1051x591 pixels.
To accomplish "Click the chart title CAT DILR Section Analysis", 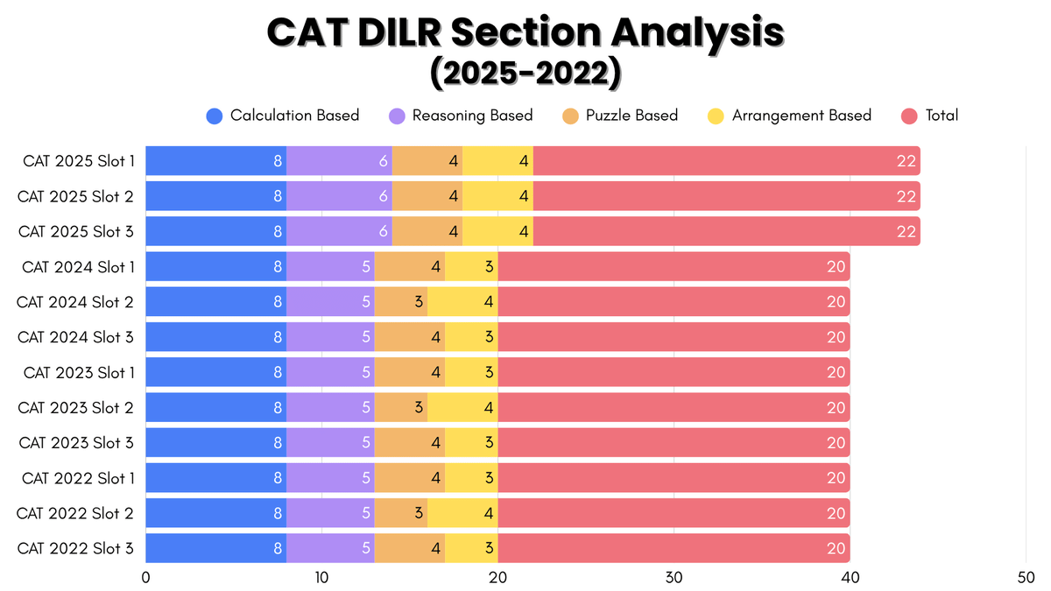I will (x=525, y=33).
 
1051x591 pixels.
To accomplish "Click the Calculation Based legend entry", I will (x=283, y=116).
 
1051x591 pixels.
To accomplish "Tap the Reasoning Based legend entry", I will (x=461, y=116).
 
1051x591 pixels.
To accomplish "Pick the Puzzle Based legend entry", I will (x=620, y=116).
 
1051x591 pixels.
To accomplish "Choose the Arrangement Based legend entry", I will (x=789, y=116).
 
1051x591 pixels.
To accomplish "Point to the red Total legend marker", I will (x=910, y=116).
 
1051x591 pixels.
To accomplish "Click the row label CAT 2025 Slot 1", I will (x=76, y=161).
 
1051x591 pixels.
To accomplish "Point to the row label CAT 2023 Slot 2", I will (x=76, y=407).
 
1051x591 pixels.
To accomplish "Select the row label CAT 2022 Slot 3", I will (x=76, y=548).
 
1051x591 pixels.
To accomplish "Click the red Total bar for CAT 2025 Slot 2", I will (x=726, y=196).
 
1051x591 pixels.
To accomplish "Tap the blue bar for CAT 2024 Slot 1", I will (x=215, y=266).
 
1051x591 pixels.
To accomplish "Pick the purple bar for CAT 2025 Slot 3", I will (x=339, y=231).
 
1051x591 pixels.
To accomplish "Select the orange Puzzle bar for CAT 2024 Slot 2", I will (x=400, y=301).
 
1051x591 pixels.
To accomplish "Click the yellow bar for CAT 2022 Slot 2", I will (x=462, y=513).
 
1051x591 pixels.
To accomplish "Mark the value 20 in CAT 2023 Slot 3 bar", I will (x=836, y=442).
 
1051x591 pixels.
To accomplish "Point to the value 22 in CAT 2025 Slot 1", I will (x=906, y=161).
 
